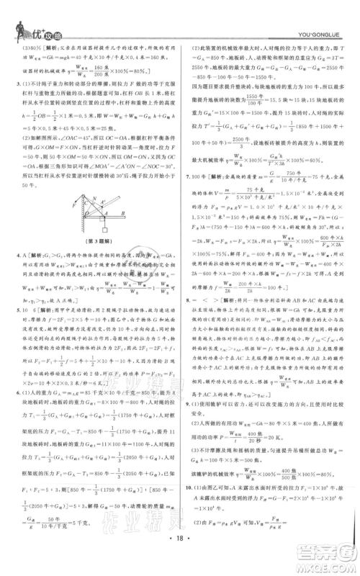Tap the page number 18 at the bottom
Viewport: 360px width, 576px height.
click(180, 557)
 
